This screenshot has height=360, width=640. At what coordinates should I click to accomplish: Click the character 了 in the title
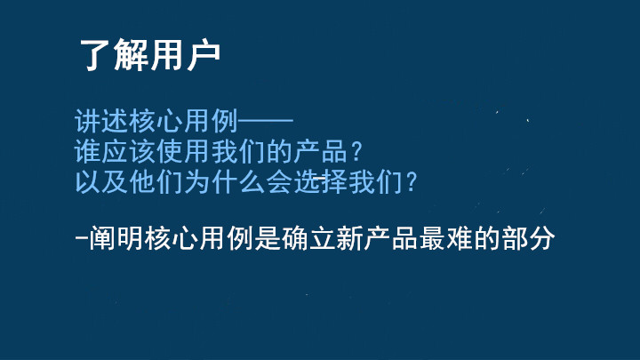[x=95, y=55]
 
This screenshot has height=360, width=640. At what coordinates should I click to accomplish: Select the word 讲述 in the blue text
[x=101, y=121]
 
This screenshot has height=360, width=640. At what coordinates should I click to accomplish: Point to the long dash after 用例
[x=266, y=121]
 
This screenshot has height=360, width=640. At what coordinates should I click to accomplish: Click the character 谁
[x=88, y=151]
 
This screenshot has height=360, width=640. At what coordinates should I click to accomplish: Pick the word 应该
[x=129, y=151]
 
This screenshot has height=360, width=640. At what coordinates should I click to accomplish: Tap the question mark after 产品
[x=356, y=151]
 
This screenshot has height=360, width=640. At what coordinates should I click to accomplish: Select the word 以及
[x=101, y=181]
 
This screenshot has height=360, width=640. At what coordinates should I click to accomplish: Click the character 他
[x=142, y=181]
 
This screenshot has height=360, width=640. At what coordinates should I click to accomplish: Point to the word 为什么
[x=225, y=181]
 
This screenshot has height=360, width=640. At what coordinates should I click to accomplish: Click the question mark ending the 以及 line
[x=411, y=181]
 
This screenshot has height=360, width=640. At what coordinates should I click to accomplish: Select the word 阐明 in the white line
[x=116, y=238]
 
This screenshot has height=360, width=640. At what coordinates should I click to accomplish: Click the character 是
[x=268, y=238]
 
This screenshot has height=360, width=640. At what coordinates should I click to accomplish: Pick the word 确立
[x=308, y=238]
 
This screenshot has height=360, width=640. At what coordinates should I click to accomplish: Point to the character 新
[x=350, y=238]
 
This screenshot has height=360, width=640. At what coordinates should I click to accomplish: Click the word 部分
[x=528, y=238]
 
